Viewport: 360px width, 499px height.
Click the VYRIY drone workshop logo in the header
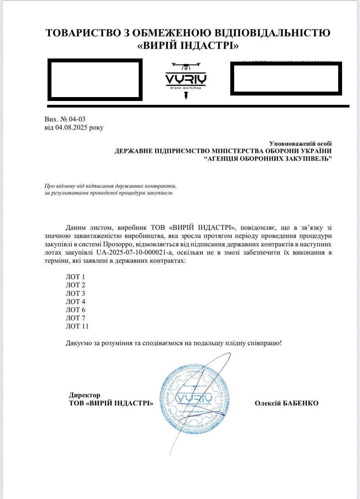tap(186, 80)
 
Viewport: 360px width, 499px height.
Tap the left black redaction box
tap(95, 80)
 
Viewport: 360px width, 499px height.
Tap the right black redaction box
tap(286, 78)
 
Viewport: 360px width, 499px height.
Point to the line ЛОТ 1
tap(75, 277)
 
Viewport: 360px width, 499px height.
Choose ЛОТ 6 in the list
tap(75, 310)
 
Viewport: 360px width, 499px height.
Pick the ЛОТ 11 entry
tap(77, 326)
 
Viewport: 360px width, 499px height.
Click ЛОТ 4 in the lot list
tap(75, 302)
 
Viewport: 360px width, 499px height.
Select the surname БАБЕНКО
tap(300, 403)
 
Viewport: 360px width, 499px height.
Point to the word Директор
tap(85, 395)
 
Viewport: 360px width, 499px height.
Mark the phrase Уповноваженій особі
tap(300, 144)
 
